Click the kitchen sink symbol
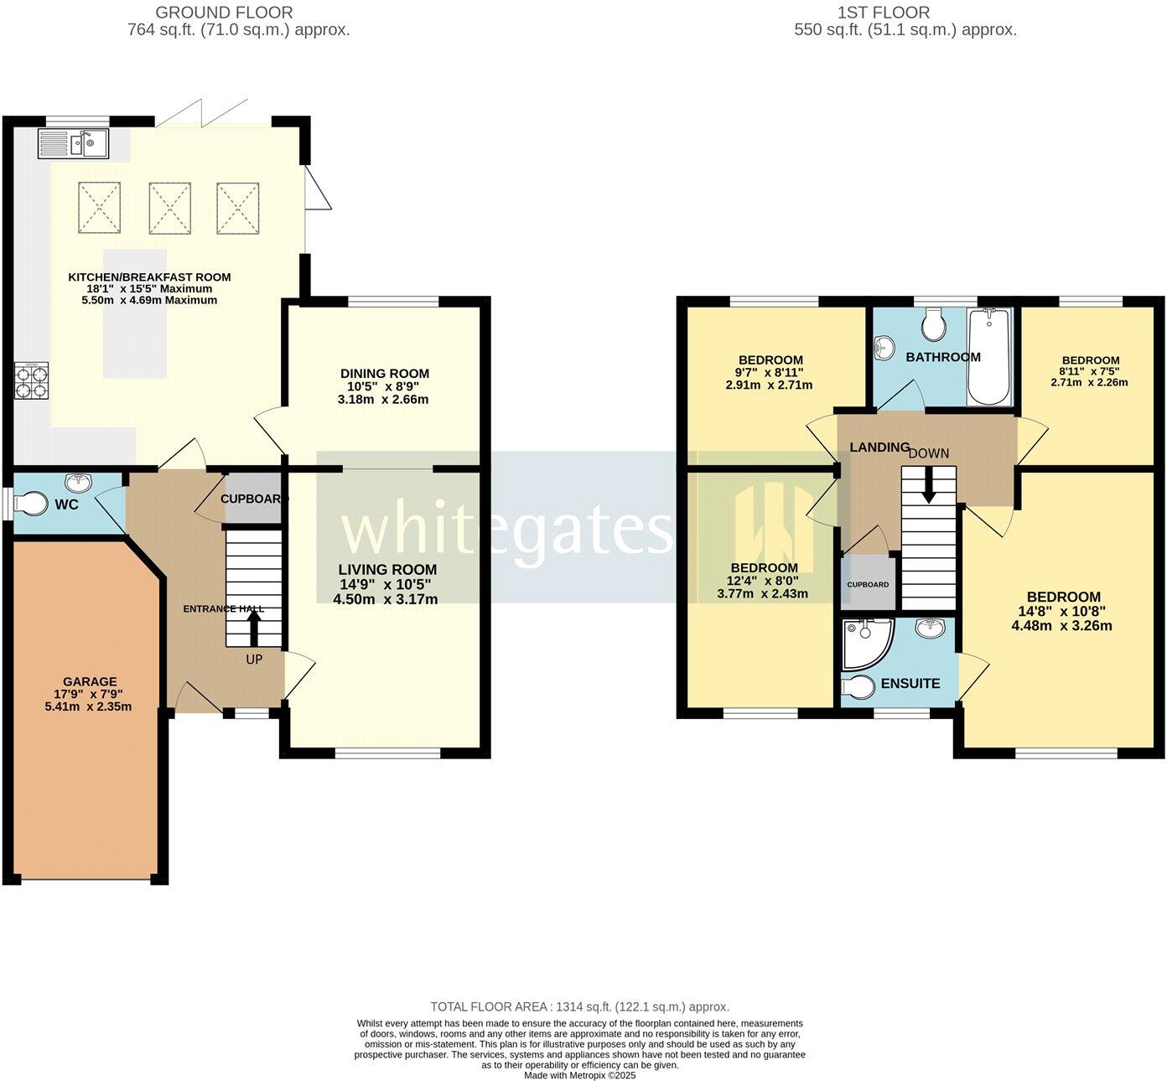[x=73, y=144]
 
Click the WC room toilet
[x=34, y=504]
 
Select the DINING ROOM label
[x=384, y=374]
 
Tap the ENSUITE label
[x=910, y=684]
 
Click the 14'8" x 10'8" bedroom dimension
[x=1061, y=612]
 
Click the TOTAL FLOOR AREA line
[x=579, y=1006]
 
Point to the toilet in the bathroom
[x=932, y=322]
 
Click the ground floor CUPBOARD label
[x=254, y=499]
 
